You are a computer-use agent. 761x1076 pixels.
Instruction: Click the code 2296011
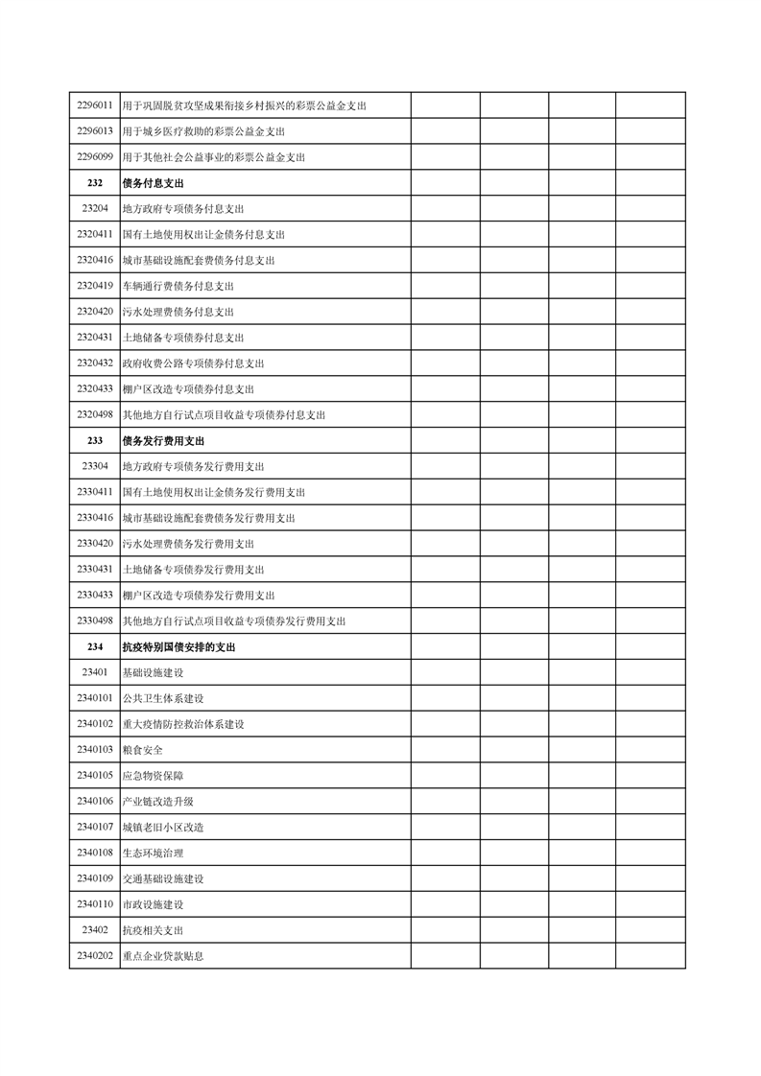coord(95,105)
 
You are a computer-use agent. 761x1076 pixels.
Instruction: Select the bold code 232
coord(95,183)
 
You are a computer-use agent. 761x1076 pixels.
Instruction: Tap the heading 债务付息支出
coord(153,183)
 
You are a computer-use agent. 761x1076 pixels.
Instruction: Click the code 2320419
coord(95,286)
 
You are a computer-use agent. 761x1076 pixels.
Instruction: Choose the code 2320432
coord(95,363)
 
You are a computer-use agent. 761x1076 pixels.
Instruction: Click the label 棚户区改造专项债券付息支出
coord(188,389)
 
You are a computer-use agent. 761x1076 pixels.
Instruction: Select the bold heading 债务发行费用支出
coord(163,441)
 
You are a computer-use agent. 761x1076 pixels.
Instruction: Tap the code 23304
coord(95,466)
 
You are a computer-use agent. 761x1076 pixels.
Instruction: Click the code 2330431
coord(95,570)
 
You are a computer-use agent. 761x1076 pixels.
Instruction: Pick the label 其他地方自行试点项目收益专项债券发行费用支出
coord(234,621)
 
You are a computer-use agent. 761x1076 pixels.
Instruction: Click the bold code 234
coord(95,647)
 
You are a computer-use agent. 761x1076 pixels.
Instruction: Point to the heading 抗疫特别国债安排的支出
coord(178,647)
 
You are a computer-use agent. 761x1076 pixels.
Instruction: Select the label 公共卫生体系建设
coord(163,698)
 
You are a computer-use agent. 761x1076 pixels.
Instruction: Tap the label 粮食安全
coord(142,750)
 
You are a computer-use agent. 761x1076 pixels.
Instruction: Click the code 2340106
coord(95,802)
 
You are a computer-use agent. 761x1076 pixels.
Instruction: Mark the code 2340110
coord(95,904)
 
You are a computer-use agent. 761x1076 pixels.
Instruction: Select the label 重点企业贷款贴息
coord(163,956)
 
